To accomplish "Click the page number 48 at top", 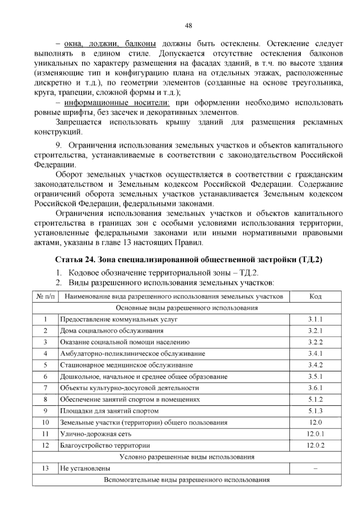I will pyautogui.click(x=188, y=26).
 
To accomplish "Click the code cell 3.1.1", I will pyautogui.click(x=315, y=319).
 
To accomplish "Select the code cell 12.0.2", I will pyautogui.click(x=315, y=445).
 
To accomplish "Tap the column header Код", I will pyautogui.click(x=315, y=297).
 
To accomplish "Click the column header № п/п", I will pyautogui.click(x=46, y=297).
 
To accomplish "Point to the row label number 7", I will pyautogui.click(x=46, y=388).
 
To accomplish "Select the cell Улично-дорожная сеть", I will pyautogui.click(x=96, y=434).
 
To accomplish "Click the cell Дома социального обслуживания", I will pyautogui.click(x=112, y=331).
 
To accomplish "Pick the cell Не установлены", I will pyautogui.click(x=85, y=468).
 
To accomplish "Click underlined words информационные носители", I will pyautogui.click(x=117, y=103).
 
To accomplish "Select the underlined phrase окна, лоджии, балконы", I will pyautogui.click(x=110, y=44).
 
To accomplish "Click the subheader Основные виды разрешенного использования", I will pyautogui.click(x=187, y=308).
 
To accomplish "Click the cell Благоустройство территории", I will pyautogui.click(x=105, y=445).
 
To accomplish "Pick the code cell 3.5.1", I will pyautogui.click(x=315, y=377).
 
